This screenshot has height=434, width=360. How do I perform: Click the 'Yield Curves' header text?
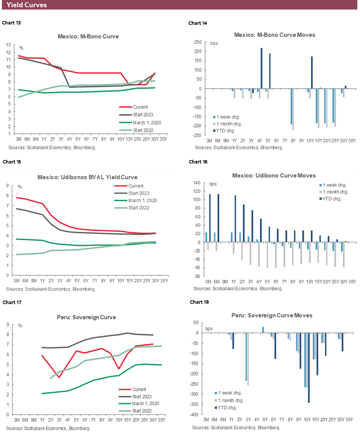click(x=26, y=5)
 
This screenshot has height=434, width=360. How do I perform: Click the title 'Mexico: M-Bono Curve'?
click(x=88, y=37)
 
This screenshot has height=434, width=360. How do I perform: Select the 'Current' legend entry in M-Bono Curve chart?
click(x=141, y=107)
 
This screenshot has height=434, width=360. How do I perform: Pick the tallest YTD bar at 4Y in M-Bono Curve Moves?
click(x=262, y=68)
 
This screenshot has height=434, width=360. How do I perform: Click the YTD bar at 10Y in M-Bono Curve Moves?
click(x=312, y=73)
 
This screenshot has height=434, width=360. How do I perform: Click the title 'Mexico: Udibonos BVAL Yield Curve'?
click(x=87, y=177)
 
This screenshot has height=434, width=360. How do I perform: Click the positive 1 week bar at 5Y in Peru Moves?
click(x=263, y=330)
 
